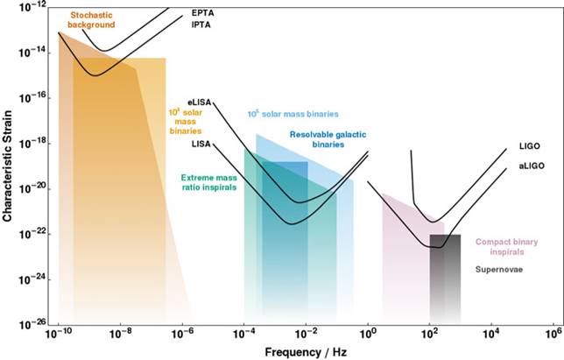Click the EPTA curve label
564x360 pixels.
pos(201,14)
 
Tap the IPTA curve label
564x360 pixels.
pos(201,25)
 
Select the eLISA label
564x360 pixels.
pos(199,102)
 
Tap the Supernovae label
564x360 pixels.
pos(499,270)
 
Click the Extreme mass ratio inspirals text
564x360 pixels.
pos(209,182)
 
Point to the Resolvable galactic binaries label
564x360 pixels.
pos(328,139)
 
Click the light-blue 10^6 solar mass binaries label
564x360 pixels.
pos(293,114)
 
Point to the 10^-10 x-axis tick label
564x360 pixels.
pos(59,335)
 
